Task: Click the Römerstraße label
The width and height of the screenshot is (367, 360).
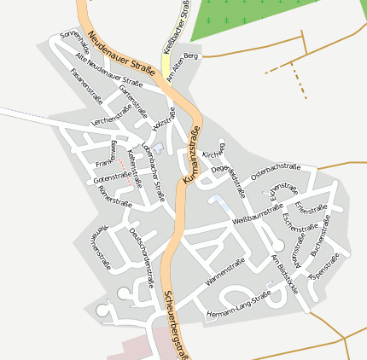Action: [x=115, y=201]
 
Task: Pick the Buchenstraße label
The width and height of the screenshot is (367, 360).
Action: [x=326, y=241]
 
